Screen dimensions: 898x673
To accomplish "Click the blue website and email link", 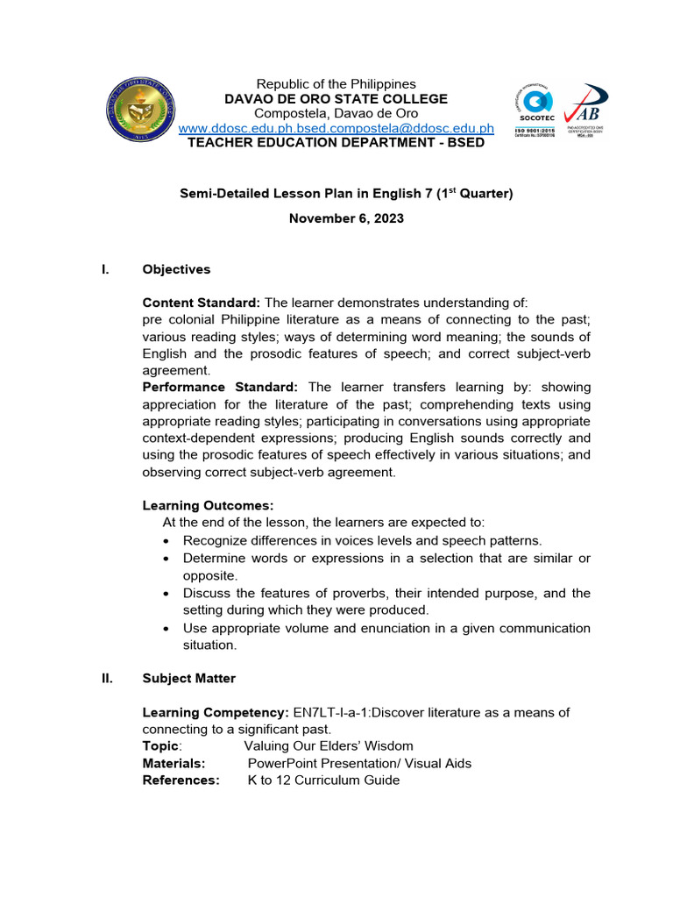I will [x=336, y=128].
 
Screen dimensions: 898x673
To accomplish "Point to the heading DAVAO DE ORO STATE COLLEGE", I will [x=336, y=99].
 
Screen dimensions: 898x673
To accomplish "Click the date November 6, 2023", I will [x=346, y=218].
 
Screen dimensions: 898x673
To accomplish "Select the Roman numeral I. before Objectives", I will [x=106, y=269].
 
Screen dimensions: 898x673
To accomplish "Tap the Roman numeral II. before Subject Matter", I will [x=108, y=678].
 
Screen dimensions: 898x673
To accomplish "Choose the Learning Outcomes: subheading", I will [x=208, y=505].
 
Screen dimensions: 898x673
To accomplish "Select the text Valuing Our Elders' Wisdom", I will [x=329, y=746].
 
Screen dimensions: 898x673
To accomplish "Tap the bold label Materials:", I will [x=174, y=763].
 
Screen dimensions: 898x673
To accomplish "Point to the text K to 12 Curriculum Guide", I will [x=323, y=780].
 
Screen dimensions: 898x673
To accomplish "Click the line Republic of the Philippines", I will [x=336, y=84].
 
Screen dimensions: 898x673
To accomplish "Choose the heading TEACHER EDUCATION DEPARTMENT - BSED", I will [x=336, y=142].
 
